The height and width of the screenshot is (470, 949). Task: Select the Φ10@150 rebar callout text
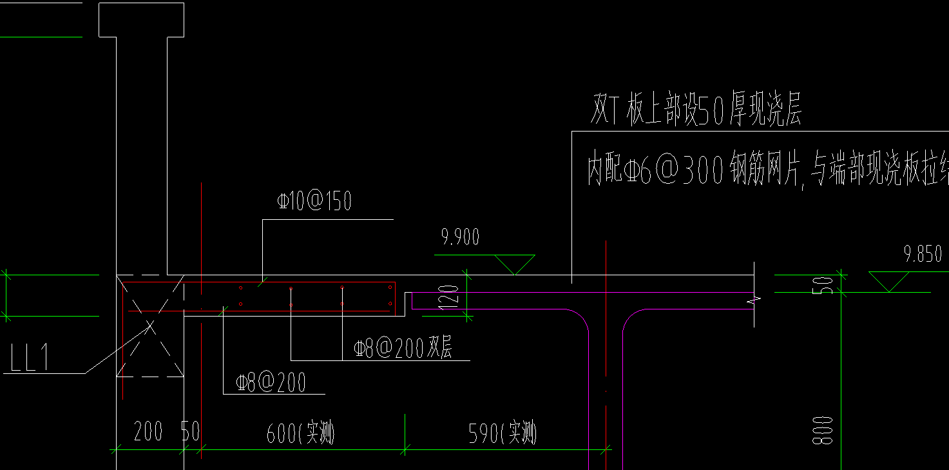click(x=314, y=202)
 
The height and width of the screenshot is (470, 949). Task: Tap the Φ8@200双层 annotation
click(x=403, y=348)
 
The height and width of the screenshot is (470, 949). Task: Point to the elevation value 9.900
click(x=460, y=238)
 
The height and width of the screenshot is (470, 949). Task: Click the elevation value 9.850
click(x=923, y=254)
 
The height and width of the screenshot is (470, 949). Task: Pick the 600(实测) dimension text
click(x=301, y=433)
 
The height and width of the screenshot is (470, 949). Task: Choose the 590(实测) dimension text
click(x=503, y=433)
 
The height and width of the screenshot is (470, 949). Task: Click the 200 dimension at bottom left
click(x=148, y=432)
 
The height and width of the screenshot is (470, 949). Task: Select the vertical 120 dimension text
click(x=453, y=296)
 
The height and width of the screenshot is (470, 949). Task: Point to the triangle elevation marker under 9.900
click(x=515, y=263)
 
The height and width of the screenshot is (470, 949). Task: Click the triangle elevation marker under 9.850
click(x=889, y=280)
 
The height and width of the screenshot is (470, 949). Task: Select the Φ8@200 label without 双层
click(x=271, y=383)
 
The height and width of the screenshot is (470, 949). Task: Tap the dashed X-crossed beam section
click(x=150, y=326)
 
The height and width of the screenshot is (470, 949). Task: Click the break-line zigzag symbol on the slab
click(x=751, y=300)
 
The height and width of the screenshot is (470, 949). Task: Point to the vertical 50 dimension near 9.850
click(x=829, y=284)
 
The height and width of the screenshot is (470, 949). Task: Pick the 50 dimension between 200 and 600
click(x=191, y=432)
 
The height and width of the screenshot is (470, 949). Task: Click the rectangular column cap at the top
click(x=141, y=19)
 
